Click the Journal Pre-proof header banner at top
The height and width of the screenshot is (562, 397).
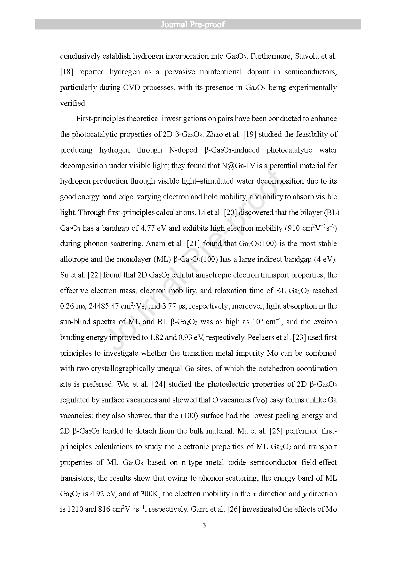(198, 24)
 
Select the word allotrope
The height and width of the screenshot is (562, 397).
(75, 260)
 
